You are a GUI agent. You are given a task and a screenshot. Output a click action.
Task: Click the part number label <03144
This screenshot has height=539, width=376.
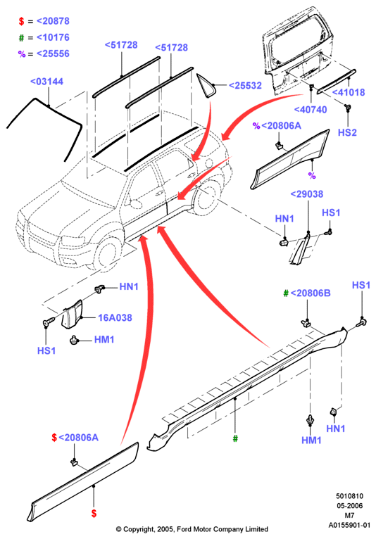[x=46, y=82]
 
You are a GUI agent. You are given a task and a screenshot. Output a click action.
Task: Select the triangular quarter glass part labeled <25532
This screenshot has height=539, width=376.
[x=207, y=85]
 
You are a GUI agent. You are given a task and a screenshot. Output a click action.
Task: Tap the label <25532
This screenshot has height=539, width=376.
[x=245, y=86]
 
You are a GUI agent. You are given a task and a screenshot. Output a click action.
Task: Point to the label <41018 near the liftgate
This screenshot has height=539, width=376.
[x=349, y=92]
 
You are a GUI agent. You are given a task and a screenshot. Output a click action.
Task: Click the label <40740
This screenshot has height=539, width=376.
[x=311, y=110]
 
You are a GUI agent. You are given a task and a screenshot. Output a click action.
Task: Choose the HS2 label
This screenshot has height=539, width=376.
[x=347, y=132]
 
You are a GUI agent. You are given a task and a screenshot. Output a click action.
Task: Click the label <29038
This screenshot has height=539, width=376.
[x=307, y=194]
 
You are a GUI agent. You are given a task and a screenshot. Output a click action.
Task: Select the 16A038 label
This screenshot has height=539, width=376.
[x=115, y=317]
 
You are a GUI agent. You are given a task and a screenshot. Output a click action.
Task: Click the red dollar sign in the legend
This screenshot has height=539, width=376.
[x=21, y=21]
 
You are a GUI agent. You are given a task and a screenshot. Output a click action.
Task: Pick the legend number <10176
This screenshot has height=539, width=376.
[x=53, y=37]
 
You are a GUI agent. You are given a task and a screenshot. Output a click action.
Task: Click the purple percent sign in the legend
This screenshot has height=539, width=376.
[x=22, y=54]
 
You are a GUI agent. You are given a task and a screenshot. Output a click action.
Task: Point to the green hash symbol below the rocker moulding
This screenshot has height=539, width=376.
[x=235, y=438]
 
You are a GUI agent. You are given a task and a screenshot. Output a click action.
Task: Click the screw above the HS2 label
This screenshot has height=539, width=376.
[x=348, y=108]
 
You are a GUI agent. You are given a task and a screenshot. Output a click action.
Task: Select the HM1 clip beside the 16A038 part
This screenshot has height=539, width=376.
[x=73, y=341]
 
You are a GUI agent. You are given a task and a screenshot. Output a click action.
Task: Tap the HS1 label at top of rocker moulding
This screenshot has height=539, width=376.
[x=361, y=285]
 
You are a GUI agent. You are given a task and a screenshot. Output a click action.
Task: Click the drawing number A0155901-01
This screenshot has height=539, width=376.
[x=349, y=525]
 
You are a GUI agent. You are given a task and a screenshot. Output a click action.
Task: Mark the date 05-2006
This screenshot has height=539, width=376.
[x=349, y=506]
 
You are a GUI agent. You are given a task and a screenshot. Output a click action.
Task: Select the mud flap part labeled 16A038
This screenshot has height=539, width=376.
[x=73, y=314]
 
